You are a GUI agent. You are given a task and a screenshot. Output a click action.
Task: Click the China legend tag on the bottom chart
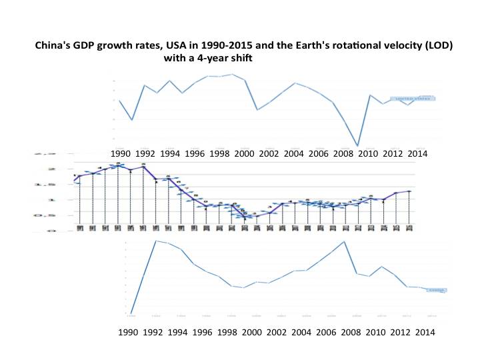[x=437, y=290]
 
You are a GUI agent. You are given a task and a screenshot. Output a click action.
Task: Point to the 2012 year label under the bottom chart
[x=401, y=331]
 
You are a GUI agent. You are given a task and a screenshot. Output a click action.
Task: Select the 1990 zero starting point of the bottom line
[x=131, y=313]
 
